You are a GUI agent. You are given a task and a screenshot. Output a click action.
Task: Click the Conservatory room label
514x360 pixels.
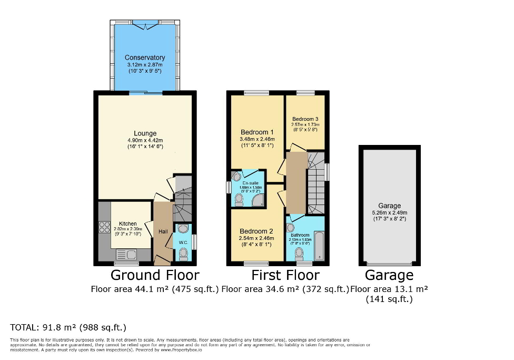pos(145,57)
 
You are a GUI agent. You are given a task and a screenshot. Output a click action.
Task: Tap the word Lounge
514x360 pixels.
pos(145,133)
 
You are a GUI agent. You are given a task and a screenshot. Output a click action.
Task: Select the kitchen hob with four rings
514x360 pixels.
pos(102,228)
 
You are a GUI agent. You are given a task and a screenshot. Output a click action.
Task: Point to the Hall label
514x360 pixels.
pos(163,231)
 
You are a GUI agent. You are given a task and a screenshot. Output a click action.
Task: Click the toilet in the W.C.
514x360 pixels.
pos(183,254)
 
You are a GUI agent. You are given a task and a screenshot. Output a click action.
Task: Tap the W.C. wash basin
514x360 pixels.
pos(182,229)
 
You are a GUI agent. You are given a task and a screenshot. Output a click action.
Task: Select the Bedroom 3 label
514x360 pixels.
pos(305,119)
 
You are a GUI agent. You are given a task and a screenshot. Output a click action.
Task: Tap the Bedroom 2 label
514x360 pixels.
pos(256,231)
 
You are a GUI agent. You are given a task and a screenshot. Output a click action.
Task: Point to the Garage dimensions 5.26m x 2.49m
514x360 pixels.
pos(389,213)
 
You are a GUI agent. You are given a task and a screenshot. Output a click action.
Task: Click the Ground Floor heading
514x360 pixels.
pos(155,275)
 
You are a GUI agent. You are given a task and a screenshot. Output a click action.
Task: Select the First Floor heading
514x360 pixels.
pos(285,275)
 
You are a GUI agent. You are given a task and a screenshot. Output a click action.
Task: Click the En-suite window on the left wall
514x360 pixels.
pos(229,187)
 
